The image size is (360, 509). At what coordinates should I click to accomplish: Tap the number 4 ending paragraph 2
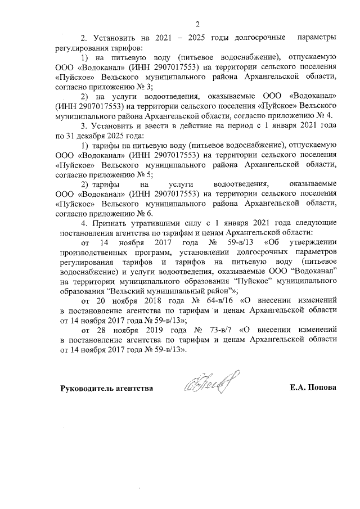[x=332, y=115]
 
